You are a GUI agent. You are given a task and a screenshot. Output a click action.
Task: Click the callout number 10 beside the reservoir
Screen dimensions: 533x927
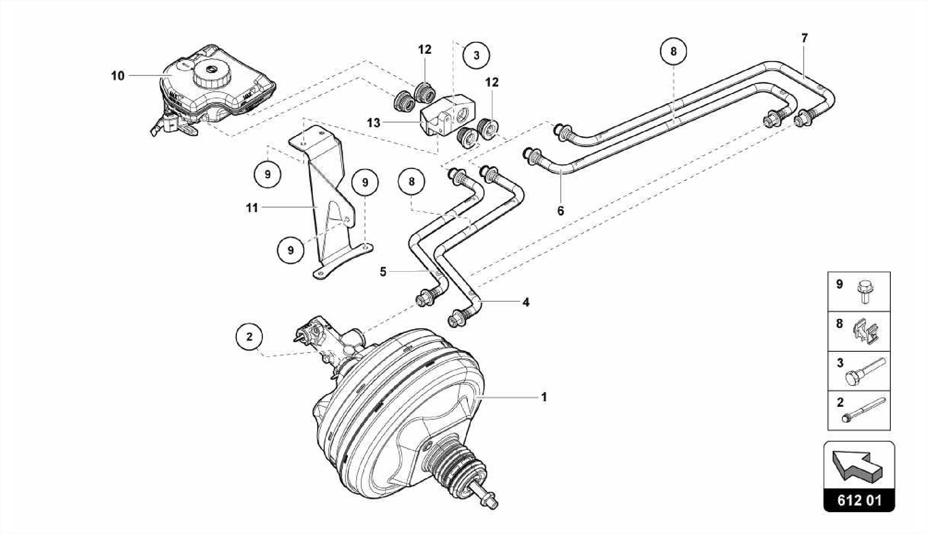(x=118, y=76)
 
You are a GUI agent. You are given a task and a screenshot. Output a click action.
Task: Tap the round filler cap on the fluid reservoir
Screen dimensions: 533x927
(x=211, y=72)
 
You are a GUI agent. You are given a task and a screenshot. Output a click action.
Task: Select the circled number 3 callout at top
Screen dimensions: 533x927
(x=476, y=55)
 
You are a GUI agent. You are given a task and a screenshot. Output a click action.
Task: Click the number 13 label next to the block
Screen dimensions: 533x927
(x=373, y=123)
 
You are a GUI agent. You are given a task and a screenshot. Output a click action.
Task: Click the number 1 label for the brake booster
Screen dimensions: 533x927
(x=544, y=397)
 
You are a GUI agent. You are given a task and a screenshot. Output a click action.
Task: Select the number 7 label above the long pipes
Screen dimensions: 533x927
(x=804, y=38)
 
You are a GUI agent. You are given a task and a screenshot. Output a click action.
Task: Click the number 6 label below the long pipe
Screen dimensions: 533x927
(x=561, y=211)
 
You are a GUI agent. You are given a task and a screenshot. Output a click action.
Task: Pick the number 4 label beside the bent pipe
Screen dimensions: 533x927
(x=526, y=302)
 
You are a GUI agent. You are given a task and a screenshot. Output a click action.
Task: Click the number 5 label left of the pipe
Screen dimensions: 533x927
(x=383, y=272)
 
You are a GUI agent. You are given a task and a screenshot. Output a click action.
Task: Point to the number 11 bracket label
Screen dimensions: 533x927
(x=252, y=208)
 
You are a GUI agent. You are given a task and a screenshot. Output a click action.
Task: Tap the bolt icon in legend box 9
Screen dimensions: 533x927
(x=865, y=292)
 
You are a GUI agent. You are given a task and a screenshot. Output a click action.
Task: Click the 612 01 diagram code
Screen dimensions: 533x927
(x=859, y=501)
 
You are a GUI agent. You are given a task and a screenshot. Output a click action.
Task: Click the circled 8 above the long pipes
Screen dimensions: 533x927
(x=673, y=51)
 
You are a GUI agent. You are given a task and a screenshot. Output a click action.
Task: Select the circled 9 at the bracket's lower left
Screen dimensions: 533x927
(x=291, y=250)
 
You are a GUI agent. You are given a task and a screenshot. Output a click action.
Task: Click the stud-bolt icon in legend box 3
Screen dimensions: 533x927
(x=865, y=371)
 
